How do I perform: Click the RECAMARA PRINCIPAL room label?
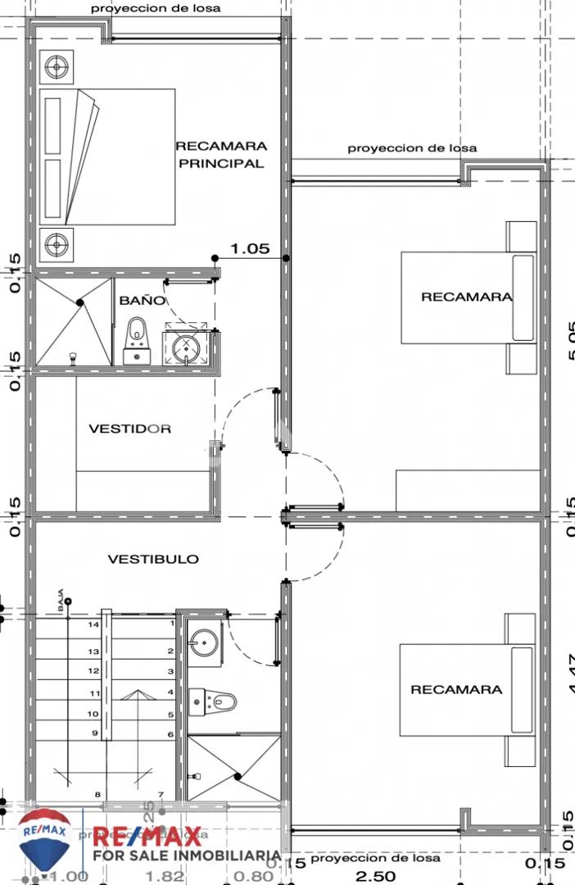[221, 155]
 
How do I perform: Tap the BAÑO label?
[142, 301]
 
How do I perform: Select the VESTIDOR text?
[130, 429]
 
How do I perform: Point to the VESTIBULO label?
[153, 559]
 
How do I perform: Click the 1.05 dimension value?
[250, 248]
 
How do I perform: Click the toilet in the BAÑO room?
[136, 339]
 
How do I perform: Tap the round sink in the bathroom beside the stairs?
[202, 642]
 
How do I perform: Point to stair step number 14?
[94, 624]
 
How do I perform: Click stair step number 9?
[94, 733]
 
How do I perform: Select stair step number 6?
[170, 734]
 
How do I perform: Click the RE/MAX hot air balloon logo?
[44, 839]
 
